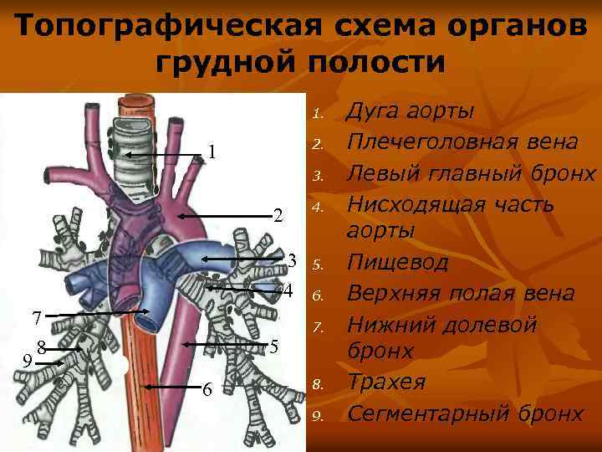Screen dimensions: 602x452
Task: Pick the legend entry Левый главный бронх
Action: [x=471, y=174]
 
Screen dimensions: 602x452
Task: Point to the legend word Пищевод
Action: [x=397, y=263]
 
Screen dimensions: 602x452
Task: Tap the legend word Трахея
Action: [x=386, y=383]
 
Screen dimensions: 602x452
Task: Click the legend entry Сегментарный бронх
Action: [x=464, y=413]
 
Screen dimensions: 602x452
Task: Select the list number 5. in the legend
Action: [x=318, y=265]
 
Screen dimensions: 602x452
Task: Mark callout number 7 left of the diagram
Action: [x=36, y=318]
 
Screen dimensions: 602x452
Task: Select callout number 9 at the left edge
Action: [x=28, y=362]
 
